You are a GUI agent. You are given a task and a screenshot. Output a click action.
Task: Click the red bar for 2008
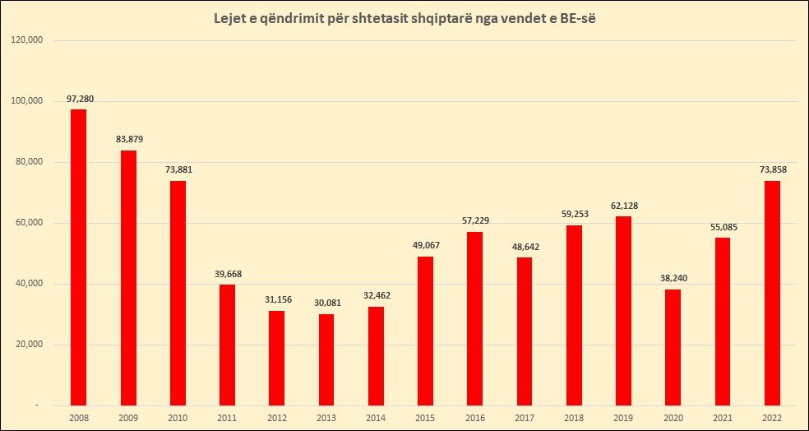point(78,257)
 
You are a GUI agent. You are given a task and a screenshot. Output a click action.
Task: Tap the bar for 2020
point(674,347)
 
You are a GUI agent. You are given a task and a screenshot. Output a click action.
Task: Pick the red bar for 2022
point(773,293)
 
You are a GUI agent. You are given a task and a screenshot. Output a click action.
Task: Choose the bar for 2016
point(475,318)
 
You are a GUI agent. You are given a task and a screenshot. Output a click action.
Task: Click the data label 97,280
point(81,99)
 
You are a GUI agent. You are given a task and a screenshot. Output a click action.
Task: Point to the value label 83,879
point(130,139)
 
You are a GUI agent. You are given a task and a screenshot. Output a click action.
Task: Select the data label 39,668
point(229,274)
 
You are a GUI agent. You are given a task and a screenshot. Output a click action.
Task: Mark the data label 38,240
point(674,278)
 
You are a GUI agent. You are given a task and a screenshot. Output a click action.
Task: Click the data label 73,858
point(773,169)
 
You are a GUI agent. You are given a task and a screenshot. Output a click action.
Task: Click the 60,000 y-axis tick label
point(30,223)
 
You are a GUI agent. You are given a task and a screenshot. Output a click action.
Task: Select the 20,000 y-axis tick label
point(30,345)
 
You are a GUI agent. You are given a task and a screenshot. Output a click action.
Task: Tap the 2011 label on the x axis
point(227,418)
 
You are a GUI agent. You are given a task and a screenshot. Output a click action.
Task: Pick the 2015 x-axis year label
point(425,418)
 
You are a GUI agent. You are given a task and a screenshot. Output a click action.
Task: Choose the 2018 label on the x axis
point(575,418)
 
